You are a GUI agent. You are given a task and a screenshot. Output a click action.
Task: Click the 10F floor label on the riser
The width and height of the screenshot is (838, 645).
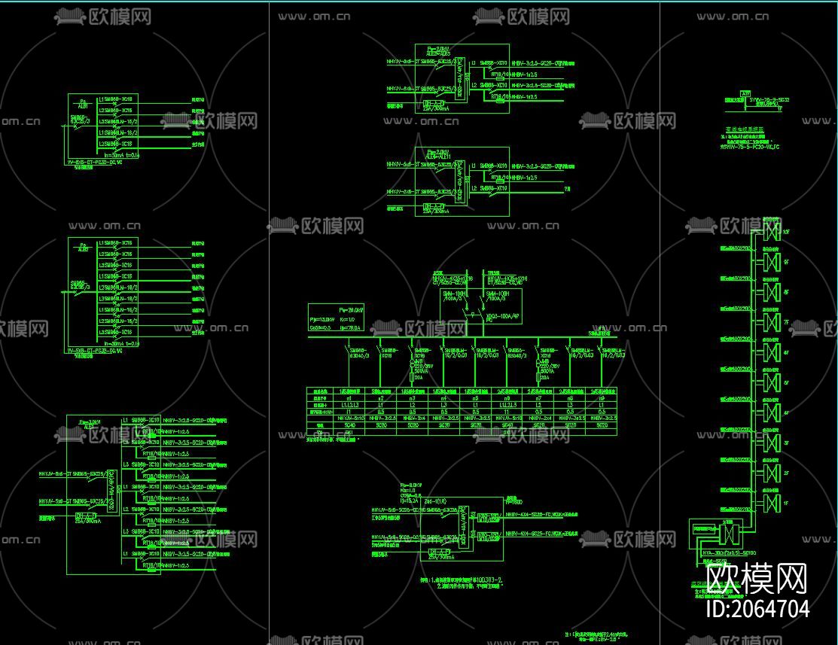tap(787, 232)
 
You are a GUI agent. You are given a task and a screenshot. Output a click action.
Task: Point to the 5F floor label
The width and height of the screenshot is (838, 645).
tap(787, 382)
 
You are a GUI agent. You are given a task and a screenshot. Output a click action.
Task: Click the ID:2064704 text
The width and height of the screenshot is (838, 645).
tap(758, 608)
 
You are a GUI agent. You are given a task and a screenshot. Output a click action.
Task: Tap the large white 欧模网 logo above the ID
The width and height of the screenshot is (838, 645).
tap(757, 578)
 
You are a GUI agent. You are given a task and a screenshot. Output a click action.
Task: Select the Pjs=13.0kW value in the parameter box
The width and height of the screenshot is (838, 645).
tap(323, 321)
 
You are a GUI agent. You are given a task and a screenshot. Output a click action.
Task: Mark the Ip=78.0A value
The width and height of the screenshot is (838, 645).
tap(352, 328)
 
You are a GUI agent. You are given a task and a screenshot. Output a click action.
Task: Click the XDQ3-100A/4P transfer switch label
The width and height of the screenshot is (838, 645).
tap(503, 317)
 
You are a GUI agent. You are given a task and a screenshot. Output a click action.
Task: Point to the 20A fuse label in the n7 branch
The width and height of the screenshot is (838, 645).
tap(545, 377)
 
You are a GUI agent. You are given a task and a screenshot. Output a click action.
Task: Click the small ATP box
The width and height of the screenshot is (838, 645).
tap(745, 93)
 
